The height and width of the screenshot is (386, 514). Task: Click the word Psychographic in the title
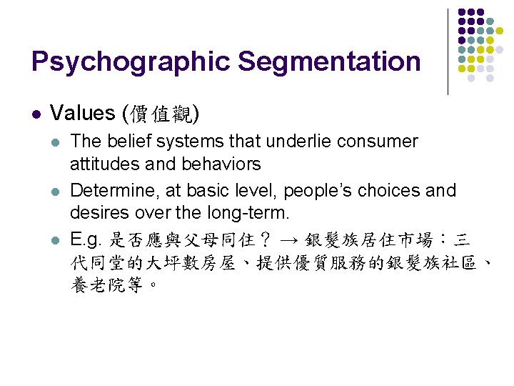(131, 62)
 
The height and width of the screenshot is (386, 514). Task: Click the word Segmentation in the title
(329, 62)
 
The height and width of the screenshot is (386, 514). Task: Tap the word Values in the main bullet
(83, 113)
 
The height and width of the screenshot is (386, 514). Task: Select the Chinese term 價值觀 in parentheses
(161, 113)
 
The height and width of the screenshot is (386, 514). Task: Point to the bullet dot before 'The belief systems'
(57, 142)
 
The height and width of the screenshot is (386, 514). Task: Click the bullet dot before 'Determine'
(57, 192)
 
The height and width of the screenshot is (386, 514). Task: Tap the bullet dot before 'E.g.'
(57, 241)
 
